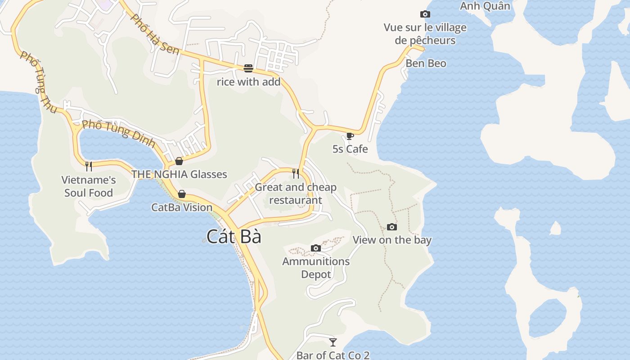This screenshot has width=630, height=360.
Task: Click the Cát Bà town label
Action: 234,236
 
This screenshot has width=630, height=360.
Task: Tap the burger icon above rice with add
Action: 248,68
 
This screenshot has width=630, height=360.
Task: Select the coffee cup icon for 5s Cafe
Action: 350,136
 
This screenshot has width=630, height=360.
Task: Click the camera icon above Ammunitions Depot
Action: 316,248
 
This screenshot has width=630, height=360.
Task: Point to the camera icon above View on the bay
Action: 392,227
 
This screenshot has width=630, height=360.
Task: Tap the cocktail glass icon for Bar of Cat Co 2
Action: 333,342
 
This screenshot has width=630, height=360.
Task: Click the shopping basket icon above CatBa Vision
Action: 182,194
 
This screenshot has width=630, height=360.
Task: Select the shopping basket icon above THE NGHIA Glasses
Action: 179,161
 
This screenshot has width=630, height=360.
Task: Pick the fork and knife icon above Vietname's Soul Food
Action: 89,166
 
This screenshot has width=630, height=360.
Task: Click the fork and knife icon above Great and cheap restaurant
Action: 296,174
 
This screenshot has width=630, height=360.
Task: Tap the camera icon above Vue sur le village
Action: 425,14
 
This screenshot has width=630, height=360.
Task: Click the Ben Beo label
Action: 426,63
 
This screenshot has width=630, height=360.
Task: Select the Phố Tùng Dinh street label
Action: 119,134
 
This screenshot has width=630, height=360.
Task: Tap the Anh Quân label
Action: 485,6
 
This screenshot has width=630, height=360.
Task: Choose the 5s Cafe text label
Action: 350,149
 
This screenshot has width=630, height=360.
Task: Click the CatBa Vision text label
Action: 182,207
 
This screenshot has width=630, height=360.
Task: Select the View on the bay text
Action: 392,240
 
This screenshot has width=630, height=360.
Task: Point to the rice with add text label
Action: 248,82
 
